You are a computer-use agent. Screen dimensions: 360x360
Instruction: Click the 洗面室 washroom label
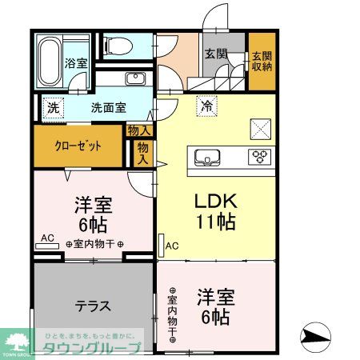click(x=106, y=106)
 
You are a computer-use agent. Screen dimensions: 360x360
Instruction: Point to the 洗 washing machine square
click(x=53, y=106)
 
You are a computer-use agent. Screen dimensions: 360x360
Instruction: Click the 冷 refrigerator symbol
click(x=207, y=104)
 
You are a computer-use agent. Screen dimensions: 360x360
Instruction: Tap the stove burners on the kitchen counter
click(x=260, y=156)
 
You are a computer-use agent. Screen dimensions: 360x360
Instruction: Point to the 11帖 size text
click(x=214, y=222)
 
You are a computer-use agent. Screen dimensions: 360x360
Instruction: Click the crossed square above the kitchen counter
click(x=262, y=127)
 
